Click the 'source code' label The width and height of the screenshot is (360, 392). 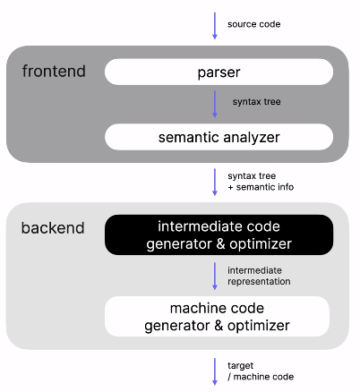coord(253,24)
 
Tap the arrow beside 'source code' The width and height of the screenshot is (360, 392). coord(215,26)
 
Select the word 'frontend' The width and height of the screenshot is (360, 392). coord(54,72)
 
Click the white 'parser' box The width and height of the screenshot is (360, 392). coord(219,72)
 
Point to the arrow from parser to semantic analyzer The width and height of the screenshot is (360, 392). coord(215,104)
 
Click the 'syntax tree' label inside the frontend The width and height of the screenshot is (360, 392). coord(256,102)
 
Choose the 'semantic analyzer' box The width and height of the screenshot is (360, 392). coord(219,137)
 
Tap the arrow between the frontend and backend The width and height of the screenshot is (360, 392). coord(215,182)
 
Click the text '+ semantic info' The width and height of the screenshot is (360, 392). coord(261,187)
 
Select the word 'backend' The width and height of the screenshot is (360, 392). coord(53,228)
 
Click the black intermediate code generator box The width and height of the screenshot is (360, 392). coord(219,234)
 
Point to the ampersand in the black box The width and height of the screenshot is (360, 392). coord(220,243)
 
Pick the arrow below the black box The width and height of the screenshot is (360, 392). coord(215,276)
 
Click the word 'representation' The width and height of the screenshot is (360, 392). coord(259,282)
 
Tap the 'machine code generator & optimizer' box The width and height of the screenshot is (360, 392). coord(217,317)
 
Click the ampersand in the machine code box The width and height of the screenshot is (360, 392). coord(219,325)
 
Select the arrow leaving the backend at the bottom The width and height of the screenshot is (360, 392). coord(215,371)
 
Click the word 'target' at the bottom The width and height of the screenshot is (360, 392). coord(240,366)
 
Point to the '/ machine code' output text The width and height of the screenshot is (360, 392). coord(261,377)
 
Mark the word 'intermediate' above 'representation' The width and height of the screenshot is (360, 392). coord(254,270)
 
